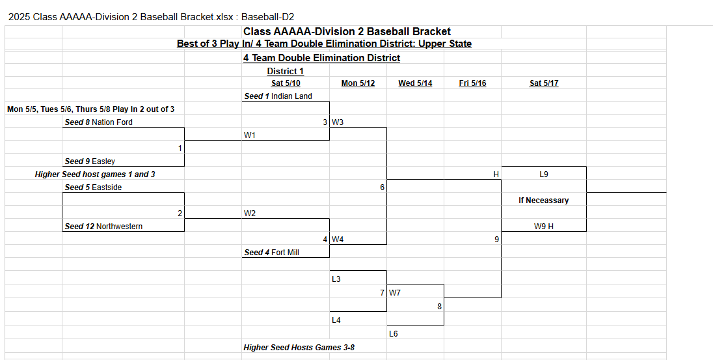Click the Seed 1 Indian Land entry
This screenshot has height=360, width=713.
tap(278, 96)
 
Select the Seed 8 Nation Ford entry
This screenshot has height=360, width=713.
tap(99, 122)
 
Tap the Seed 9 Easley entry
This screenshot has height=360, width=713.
tap(90, 161)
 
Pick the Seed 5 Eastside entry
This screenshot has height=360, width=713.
tap(93, 187)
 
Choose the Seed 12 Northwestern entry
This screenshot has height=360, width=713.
tap(103, 226)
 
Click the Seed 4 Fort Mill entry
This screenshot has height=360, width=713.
tap(271, 252)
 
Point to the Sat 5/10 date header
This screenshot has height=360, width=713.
tap(286, 83)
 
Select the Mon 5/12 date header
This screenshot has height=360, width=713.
tap(358, 83)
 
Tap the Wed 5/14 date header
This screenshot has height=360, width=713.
tap(415, 83)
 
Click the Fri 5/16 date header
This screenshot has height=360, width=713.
tap(472, 83)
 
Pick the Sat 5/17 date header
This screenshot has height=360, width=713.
tap(544, 83)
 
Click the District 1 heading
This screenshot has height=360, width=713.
tap(285, 71)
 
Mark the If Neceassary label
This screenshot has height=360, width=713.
tap(543, 201)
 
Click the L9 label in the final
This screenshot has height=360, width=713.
tap(544, 174)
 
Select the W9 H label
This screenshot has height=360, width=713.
tap(543, 226)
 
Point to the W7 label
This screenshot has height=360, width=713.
tap(395, 293)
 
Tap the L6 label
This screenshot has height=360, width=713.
tap(394, 333)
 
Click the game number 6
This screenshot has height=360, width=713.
tap(383, 187)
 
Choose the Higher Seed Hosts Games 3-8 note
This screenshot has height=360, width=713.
tap(299, 347)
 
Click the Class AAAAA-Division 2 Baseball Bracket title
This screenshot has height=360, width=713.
tap(347, 31)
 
